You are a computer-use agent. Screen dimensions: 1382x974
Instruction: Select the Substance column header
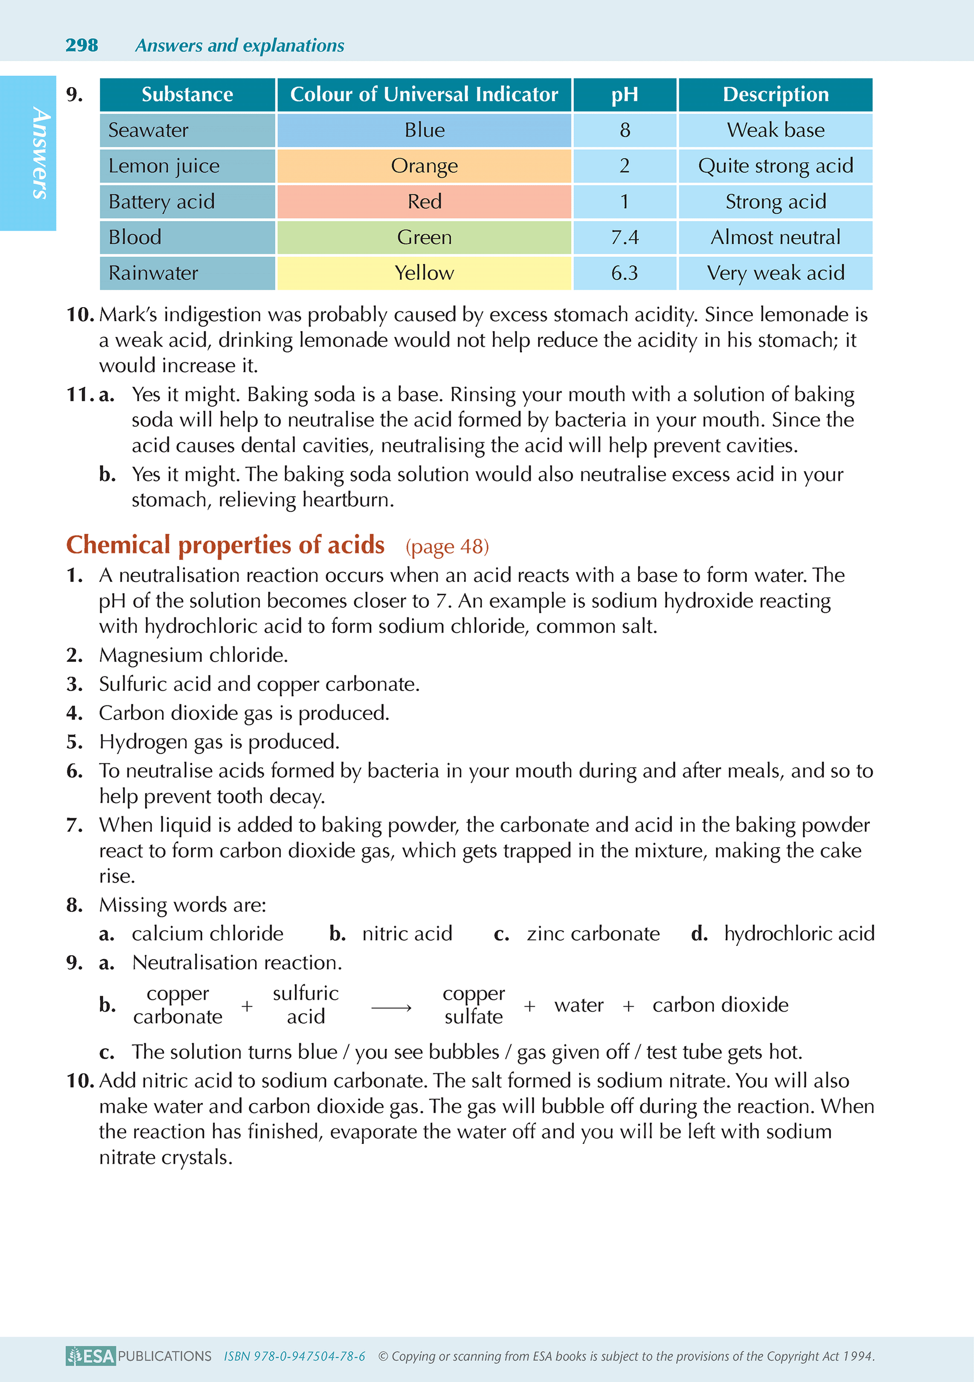point(187,95)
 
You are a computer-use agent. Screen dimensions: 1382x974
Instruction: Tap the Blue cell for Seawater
point(424,130)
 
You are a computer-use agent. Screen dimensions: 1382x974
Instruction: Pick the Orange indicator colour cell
point(424,166)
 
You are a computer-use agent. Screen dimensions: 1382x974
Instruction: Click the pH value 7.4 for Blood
point(624,237)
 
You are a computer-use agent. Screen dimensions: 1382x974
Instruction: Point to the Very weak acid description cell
point(775,273)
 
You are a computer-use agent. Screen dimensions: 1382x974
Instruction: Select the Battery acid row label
point(161,202)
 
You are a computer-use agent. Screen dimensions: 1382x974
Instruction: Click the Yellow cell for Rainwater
point(424,273)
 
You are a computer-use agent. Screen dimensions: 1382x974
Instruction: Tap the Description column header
point(775,95)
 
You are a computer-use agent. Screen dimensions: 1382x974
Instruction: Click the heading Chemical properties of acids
point(225,545)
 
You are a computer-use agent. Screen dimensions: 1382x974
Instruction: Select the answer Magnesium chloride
point(193,655)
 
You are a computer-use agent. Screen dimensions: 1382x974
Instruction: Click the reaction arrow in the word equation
point(391,1008)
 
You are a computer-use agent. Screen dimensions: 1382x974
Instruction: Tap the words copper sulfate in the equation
point(474,1005)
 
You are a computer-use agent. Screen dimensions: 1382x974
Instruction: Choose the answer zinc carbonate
point(593,934)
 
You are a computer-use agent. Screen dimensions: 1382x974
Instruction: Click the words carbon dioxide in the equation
point(720,1005)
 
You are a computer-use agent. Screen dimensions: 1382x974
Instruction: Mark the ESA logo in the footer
point(90,1355)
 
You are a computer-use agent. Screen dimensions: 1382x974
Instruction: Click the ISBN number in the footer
point(294,1356)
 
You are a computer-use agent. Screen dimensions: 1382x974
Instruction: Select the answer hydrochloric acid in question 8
point(799,934)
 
